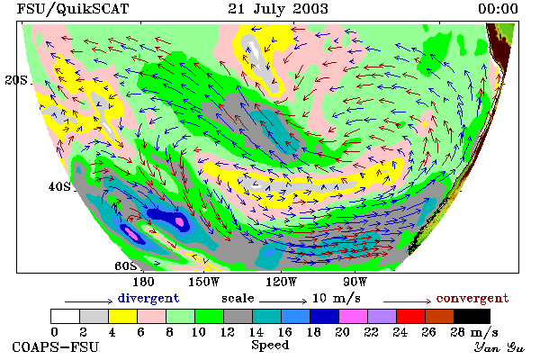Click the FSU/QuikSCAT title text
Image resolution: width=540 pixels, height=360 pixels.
[73, 9]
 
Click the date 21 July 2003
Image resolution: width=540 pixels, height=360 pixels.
[277, 9]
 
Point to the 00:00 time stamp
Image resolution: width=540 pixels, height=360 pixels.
[498, 9]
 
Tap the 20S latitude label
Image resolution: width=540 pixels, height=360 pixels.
[16, 80]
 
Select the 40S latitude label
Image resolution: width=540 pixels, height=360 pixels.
[59, 186]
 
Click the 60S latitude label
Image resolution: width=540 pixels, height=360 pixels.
[126, 266]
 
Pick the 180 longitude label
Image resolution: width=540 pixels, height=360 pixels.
[143, 282]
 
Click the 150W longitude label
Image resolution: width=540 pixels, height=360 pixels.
[204, 282]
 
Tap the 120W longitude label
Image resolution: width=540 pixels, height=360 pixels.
[281, 282]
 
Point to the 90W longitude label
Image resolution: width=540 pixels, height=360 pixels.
[355, 282]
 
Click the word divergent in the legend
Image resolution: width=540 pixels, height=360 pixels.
[148, 298]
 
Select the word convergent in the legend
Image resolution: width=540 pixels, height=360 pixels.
[472, 298]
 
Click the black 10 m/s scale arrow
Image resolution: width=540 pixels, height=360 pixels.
[283, 301]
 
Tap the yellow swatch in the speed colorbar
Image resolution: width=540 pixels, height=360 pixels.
[123, 316]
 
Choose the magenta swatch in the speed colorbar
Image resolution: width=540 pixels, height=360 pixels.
[354, 316]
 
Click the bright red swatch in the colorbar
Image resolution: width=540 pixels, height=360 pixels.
[411, 316]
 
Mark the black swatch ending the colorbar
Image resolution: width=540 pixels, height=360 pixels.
[472, 316]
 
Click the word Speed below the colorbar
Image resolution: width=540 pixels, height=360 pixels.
[270, 346]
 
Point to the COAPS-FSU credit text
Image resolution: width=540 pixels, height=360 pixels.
[56, 346]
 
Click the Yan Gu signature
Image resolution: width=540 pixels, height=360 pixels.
[499, 347]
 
